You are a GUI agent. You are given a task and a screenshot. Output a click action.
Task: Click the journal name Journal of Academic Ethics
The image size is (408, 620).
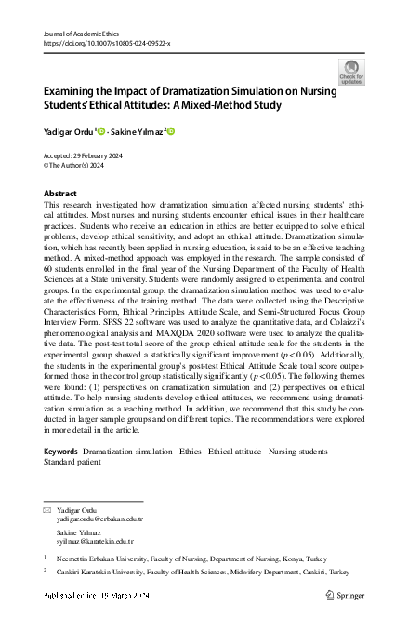[x=84, y=34]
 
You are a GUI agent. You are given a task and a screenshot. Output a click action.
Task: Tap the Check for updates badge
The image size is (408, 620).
[x=352, y=72]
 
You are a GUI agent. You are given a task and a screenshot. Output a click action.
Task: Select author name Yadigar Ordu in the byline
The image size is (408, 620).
[x=69, y=131]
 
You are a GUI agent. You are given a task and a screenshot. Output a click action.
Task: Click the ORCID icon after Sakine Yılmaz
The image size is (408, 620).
[x=171, y=131]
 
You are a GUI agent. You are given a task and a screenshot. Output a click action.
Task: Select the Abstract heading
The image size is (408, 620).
[x=60, y=193]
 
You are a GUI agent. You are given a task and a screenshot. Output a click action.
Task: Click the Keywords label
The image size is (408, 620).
[x=60, y=451]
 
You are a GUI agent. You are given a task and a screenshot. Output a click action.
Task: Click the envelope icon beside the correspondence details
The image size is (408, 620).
[x=47, y=512]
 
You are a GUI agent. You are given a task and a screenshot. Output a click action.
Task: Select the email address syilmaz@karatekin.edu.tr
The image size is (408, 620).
[x=96, y=541]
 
